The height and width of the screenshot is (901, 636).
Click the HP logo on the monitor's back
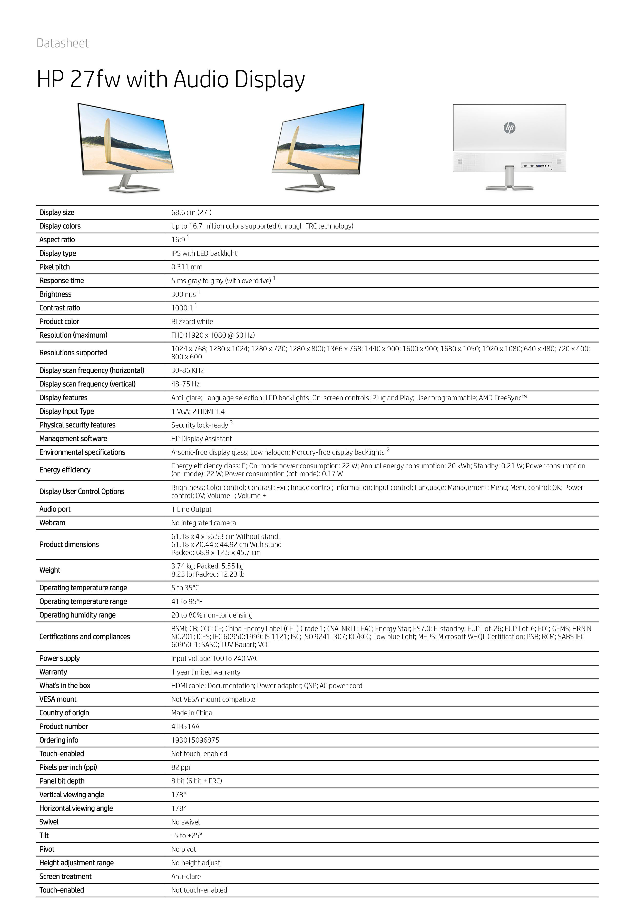tap(509, 128)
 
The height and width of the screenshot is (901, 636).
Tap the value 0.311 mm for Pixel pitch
tap(187, 267)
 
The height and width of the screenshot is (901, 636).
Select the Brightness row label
tap(55, 294)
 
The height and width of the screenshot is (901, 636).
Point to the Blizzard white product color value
tap(192, 321)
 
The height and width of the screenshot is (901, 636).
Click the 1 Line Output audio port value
tap(191, 509)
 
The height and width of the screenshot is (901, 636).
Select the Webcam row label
tap(52, 523)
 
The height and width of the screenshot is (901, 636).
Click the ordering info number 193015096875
tap(195, 740)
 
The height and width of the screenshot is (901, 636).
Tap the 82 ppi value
tap(180, 767)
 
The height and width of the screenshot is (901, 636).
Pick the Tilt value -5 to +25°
tap(187, 836)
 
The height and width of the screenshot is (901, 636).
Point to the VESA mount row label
tap(58, 699)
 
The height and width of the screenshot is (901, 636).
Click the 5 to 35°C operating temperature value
tap(185, 588)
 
